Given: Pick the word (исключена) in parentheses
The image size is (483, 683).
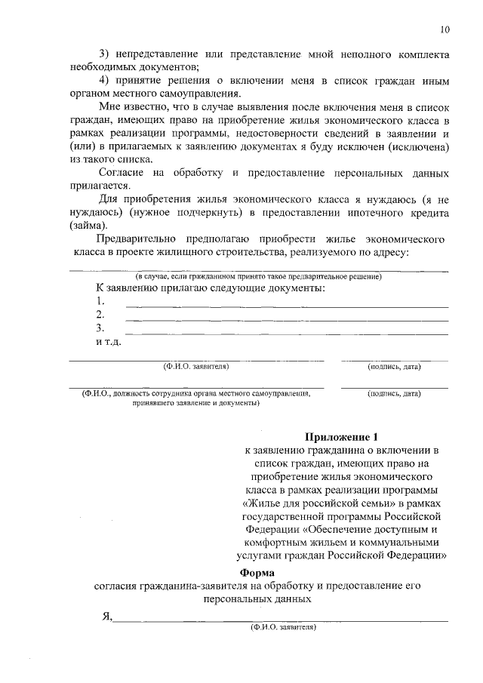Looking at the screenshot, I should click(x=420, y=146).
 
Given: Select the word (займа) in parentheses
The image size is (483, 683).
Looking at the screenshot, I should click(x=89, y=226).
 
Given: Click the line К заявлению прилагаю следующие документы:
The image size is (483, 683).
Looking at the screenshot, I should click(x=210, y=289).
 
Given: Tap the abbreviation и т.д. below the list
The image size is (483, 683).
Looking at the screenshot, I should click(x=108, y=342).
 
